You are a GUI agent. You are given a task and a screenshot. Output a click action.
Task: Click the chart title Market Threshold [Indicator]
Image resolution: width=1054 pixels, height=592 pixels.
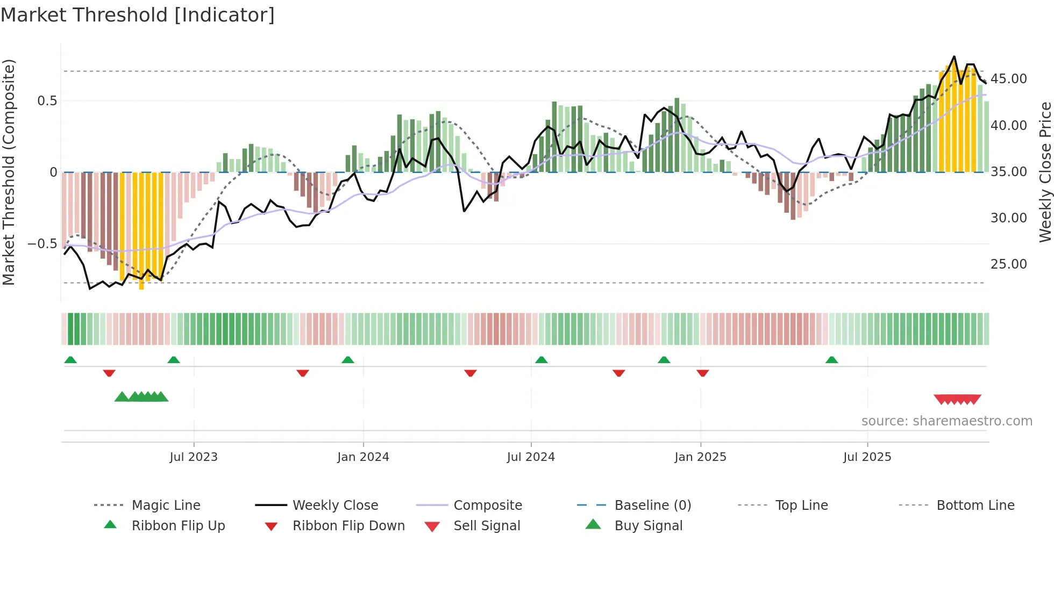(138, 15)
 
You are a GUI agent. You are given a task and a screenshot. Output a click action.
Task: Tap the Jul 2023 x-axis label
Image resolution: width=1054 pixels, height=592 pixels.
(194, 457)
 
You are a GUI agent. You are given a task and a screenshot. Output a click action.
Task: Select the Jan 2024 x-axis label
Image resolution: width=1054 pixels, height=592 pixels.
(363, 457)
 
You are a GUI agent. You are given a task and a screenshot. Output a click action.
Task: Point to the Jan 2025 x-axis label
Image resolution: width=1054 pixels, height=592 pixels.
(700, 457)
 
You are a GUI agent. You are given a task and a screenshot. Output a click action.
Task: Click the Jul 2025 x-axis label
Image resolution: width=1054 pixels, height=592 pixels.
(867, 457)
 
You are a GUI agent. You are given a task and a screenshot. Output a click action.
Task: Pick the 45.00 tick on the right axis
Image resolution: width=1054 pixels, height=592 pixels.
(1009, 79)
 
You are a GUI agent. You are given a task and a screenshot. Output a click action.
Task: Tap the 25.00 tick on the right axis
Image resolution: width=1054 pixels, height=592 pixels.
(1009, 264)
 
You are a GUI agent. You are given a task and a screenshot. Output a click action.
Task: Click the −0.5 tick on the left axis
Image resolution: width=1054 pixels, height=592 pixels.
(42, 244)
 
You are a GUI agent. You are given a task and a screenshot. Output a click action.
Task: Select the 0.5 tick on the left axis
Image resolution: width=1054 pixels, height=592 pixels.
(47, 101)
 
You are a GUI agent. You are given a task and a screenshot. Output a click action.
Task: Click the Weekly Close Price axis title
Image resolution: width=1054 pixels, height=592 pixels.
(1044, 172)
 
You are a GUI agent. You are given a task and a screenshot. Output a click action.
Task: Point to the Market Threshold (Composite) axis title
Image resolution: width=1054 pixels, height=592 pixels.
(9, 172)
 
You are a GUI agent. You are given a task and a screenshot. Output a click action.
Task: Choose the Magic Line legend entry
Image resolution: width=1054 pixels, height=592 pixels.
(166, 506)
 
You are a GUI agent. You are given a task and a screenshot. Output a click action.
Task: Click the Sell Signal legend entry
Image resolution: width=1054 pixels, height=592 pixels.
(487, 526)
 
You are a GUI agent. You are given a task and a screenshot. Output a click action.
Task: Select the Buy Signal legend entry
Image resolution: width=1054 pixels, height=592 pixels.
(648, 526)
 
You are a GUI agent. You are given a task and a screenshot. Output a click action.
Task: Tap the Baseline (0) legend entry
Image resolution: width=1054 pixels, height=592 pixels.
(652, 506)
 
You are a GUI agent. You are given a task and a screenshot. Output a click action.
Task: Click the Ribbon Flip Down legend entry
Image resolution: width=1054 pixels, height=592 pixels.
(348, 526)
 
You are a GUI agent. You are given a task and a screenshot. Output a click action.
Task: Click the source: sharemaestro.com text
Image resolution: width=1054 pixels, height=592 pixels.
(946, 421)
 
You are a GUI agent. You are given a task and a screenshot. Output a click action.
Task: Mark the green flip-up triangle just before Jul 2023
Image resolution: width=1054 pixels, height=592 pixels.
(174, 360)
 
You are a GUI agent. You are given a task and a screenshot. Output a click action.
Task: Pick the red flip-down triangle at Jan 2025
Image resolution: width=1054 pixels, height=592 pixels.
(703, 373)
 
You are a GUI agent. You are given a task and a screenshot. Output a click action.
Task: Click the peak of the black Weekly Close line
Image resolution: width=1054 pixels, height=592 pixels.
(955, 56)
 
